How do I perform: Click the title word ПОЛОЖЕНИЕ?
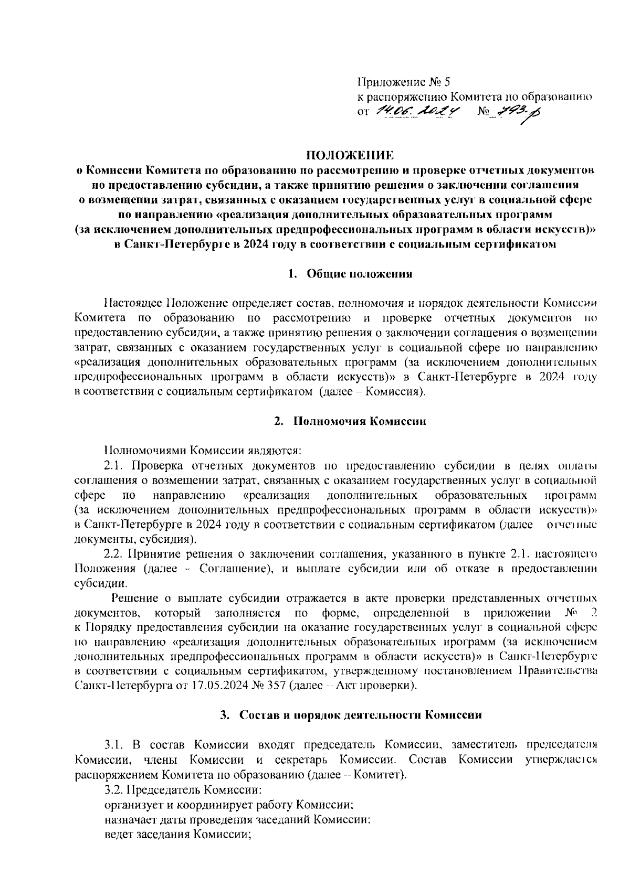coord(350,155)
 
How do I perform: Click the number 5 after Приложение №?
coord(447,82)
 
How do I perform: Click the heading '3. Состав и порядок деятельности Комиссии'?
coord(351,715)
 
